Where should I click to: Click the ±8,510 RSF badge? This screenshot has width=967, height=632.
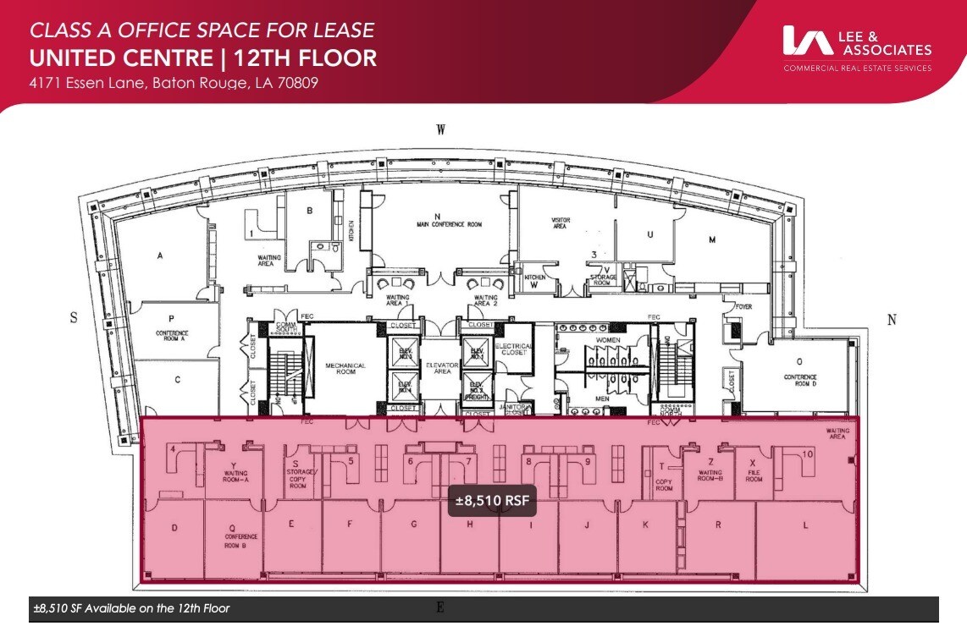tap(492, 501)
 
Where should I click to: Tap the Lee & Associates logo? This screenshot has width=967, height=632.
tap(857, 47)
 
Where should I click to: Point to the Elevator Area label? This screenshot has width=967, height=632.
tap(442, 369)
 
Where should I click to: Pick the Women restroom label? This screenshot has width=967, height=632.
tap(608, 340)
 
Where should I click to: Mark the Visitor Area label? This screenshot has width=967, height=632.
tap(561, 223)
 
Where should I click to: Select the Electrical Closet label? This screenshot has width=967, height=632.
tap(514, 349)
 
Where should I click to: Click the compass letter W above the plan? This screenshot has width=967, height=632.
tap(440, 129)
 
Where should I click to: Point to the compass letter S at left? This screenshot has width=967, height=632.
tap(74, 317)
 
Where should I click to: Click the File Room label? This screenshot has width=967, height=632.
tap(754, 475)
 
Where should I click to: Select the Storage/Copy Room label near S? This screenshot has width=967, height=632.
tap(297, 479)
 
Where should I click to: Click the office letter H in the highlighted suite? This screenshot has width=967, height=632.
tap(469, 525)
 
